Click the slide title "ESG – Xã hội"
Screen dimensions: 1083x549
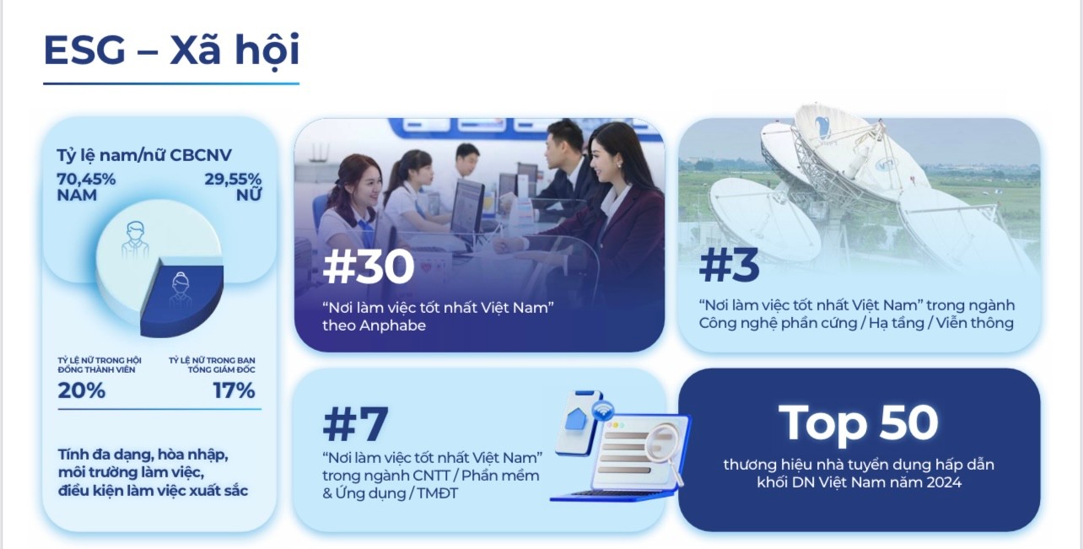(171, 51)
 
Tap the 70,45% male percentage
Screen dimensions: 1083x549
(86, 180)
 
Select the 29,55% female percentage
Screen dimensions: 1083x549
(233, 180)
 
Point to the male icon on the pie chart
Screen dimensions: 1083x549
(135, 240)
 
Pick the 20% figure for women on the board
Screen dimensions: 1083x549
(81, 390)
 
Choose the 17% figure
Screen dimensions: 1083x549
(234, 390)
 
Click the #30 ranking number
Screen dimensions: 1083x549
(369, 266)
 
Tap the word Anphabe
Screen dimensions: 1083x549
(392, 326)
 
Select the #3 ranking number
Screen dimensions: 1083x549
(729, 266)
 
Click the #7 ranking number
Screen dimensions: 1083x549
(355, 424)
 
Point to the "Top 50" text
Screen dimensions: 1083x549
(858, 423)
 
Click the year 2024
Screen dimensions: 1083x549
(944, 482)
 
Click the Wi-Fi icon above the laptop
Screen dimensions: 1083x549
(603, 412)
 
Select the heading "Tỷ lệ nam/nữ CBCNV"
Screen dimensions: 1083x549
(144, 155)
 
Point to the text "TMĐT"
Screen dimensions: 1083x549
(437, 493)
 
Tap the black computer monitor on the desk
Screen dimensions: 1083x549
(466, 207)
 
